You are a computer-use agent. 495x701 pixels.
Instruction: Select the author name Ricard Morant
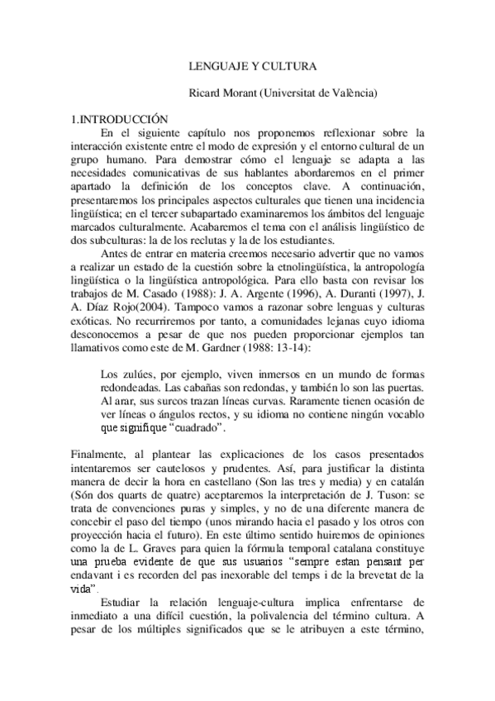pos(218,94)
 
